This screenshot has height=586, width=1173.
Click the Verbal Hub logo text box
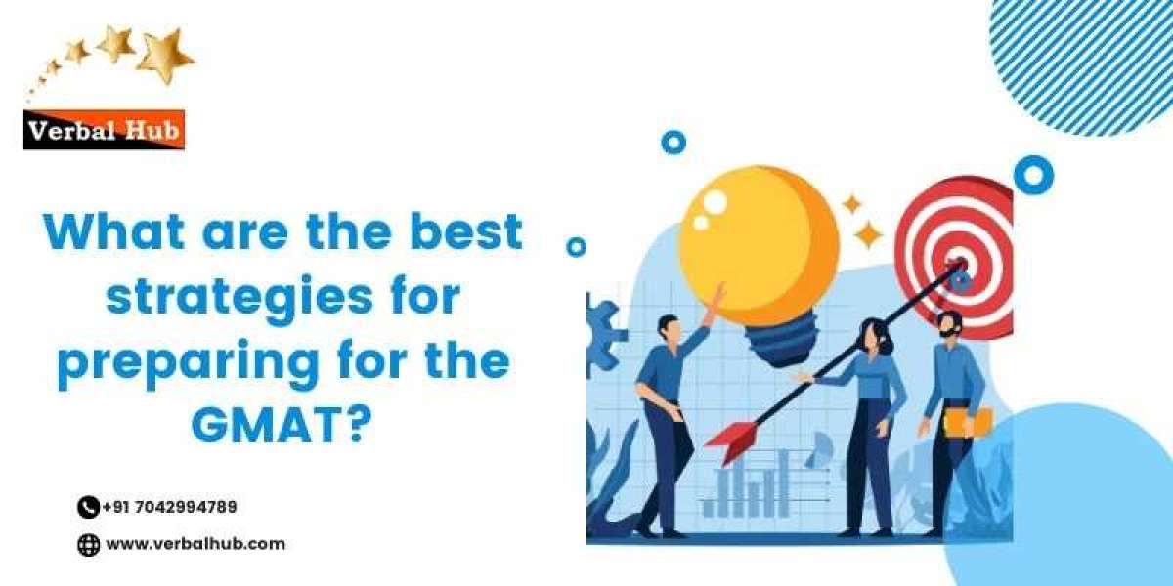(105, 129)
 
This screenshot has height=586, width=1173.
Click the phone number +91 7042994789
(169, 507)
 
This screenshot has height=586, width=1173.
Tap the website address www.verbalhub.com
(195, 544)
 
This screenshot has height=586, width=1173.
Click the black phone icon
(88, 507)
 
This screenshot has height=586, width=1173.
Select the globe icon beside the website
(89, 545)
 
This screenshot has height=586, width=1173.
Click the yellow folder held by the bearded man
(969, 421)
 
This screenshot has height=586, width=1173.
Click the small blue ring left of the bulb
(577, 247)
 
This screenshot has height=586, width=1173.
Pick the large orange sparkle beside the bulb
(866, 234)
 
